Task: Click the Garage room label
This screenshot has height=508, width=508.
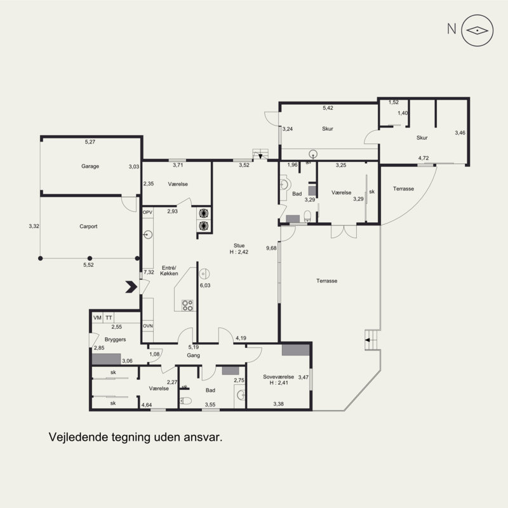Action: click(x=90, y=166)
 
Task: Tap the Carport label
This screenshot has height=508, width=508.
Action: click(x=88, y=227)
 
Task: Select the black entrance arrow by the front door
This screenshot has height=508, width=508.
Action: click(x=131, y=287)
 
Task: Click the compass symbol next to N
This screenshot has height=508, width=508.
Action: click(x=478, y=30)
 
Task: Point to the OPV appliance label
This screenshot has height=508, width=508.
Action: click(x=147, y=213)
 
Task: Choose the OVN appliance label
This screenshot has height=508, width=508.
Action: click(x=148, y=326)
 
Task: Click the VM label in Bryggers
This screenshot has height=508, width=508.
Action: click(x=97, y=318)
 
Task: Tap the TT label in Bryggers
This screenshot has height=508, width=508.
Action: click(x=109, y=318)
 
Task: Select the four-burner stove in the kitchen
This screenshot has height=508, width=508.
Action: click(x=187, y=305)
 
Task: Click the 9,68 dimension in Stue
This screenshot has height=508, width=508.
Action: click(x=271, y=248)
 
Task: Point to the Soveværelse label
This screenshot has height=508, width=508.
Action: click(x=278, y=377)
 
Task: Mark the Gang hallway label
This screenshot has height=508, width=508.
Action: click(x=194, y=356)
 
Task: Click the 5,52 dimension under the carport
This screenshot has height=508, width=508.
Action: click(x=88, y=265)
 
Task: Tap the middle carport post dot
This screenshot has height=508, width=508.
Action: click(x=90, y=258)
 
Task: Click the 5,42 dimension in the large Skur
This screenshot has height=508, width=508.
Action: click(x=328, y=108)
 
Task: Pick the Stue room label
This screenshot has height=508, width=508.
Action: click(x=239, y=246)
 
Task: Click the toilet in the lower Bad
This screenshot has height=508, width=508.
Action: click(x=185, y=401)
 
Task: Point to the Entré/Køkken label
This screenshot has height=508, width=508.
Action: click(x=169, y=271)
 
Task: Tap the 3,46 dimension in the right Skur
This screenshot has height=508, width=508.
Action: click(x=460, y=133)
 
